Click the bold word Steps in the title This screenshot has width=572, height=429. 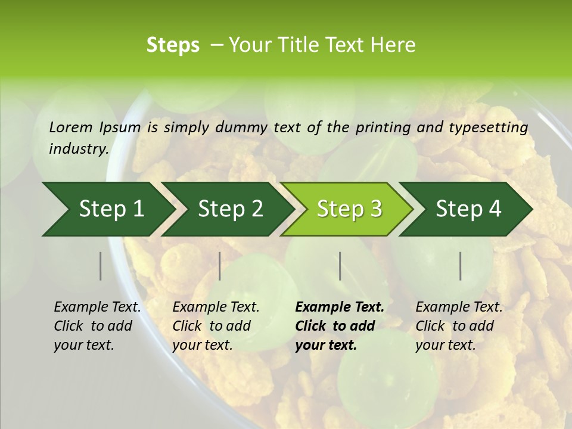173,45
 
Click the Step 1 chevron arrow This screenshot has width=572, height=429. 107,209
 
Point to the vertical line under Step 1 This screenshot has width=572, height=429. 100,266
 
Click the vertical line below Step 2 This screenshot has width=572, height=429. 220,266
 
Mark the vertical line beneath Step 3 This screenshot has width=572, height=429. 340,266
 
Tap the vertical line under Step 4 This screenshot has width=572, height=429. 461,266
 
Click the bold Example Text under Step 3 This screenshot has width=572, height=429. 340,307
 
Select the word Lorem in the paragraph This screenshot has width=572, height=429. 71,128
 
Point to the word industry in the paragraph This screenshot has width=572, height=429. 78,149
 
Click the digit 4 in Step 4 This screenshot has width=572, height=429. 495,209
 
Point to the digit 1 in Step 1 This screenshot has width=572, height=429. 138,209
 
